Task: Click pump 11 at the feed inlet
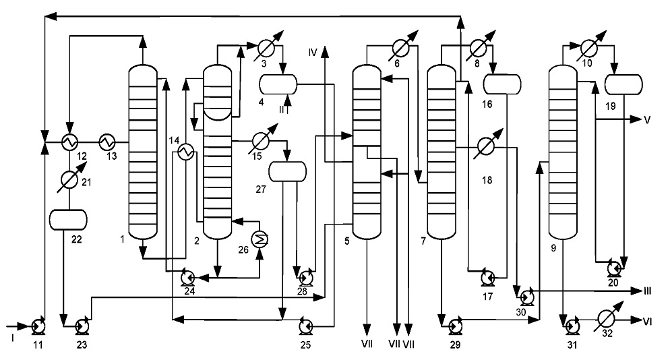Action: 38,327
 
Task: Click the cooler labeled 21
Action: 69,180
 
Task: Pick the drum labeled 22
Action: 68,220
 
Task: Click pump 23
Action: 82,327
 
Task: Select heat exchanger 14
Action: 186,151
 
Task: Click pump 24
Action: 187,278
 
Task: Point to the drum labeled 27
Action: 288,171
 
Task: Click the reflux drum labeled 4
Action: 278,84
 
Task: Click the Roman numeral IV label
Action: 313,53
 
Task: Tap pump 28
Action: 305,278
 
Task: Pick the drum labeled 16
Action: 502,84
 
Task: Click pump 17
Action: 487,278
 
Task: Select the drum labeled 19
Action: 624,84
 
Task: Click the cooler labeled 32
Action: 606,318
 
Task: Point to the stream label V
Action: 647,120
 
